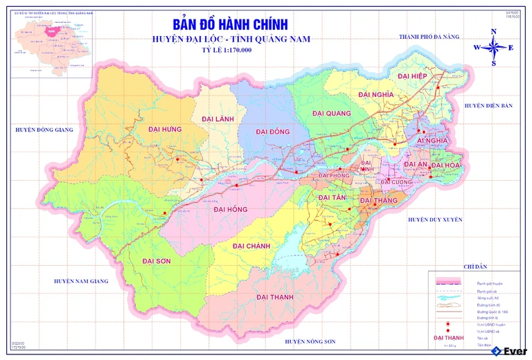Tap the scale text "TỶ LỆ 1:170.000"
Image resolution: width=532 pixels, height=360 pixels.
[227, 51]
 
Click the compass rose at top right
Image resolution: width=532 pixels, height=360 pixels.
[493, 48]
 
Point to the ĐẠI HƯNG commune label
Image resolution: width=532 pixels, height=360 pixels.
[164, 129]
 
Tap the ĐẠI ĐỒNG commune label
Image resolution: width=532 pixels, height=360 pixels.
[272, 132]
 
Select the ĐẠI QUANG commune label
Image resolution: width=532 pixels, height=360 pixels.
[331, 114]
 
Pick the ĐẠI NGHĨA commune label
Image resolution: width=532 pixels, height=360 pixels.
[376, 94]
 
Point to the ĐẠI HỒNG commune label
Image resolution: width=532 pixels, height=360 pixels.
[230, 209]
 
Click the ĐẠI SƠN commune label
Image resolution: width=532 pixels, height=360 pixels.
[156, 261]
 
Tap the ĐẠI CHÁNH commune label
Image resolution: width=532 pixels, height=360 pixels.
[251, 246]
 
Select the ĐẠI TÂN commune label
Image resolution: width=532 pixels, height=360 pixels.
[331, 198]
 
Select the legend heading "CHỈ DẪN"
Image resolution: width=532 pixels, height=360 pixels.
[476, 267]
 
